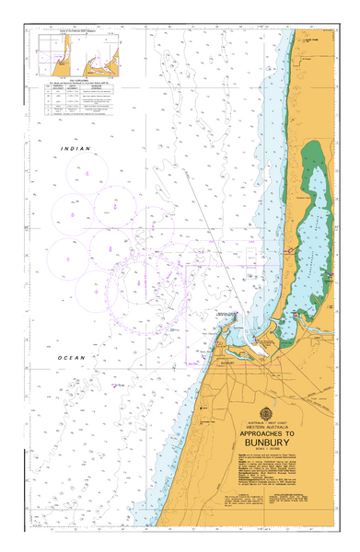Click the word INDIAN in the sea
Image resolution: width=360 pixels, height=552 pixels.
[76, 148]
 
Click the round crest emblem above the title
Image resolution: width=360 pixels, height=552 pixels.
[266, 411]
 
